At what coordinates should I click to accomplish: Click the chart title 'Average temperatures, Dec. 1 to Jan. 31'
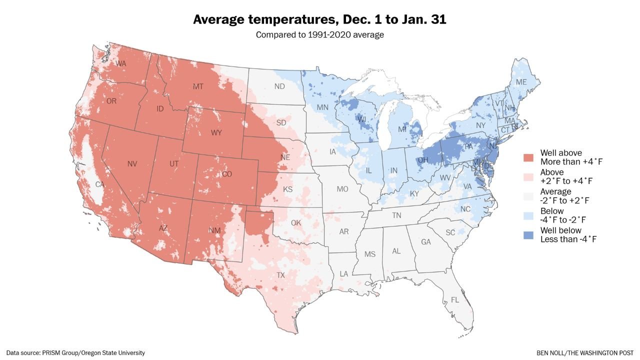click(x=319, y=19)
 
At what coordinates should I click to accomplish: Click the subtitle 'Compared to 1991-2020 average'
click(x=319, y=34)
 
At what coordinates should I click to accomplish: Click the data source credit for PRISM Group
click(x=75, y=353)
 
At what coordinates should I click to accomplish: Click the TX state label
click(x=281, y=275)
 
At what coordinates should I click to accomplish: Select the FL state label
click(x=454, y=300)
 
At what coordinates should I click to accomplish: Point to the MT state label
click(x=198, y=87)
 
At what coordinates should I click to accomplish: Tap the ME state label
click(x=521, y=82)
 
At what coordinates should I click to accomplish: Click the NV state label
click(x=132, y=164)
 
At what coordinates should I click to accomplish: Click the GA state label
click(x=425, y=242)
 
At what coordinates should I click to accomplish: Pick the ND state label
click(x=279, y=86)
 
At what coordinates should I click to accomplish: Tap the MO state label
click(x=342, y=189)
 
